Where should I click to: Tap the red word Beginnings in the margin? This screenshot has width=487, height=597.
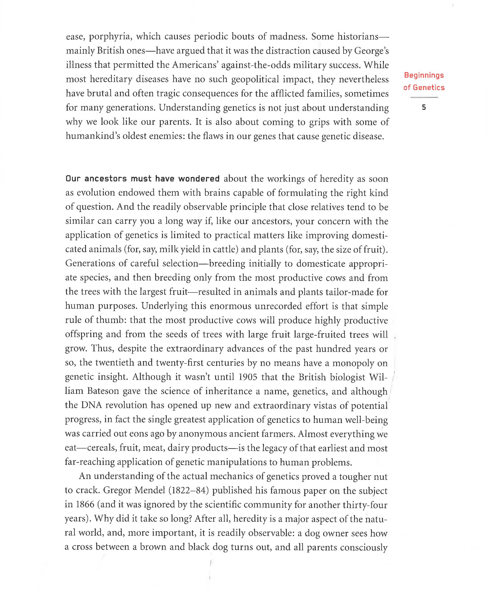pos(424,75)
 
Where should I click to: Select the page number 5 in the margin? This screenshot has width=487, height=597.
pos(424,107)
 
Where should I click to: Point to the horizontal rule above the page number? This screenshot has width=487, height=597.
pos(424,97)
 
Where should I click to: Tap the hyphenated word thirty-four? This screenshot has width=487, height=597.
pos(365,504)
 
